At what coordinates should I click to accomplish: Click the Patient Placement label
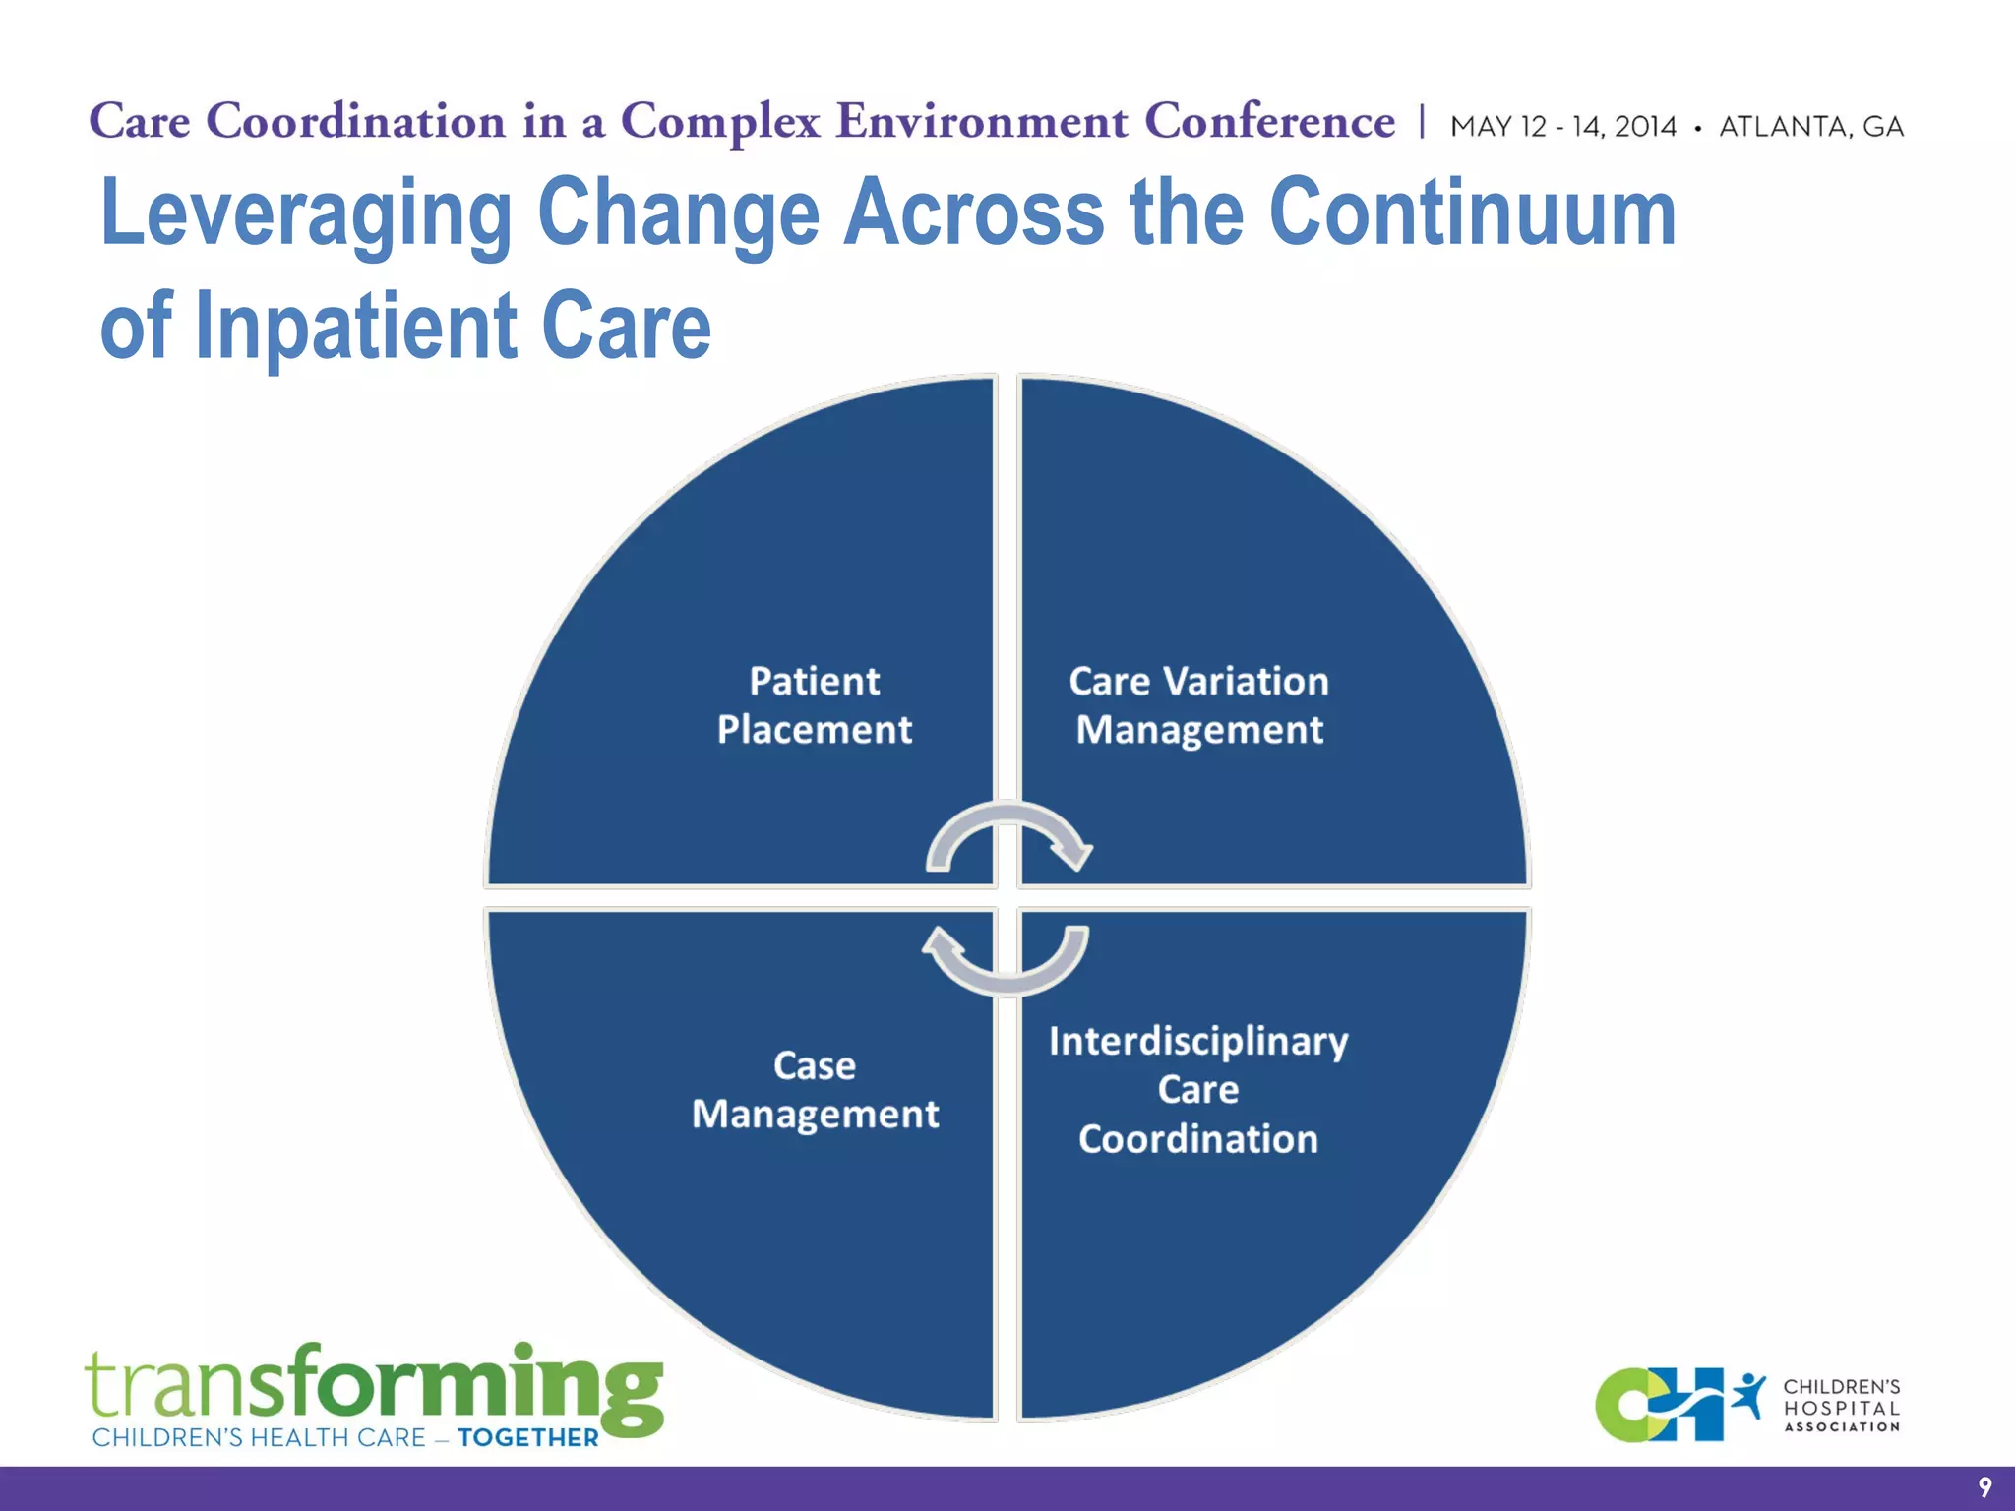click(x=815, y=705)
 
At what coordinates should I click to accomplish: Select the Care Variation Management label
click(x=1198, y=705)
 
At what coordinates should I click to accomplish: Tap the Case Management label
click(x=815, y=1090)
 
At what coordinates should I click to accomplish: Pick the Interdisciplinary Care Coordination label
click(x=1198, y=1090)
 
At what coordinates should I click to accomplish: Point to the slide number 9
click(x=1984, y=1487)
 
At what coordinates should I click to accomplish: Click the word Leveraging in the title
click(x=306, y=214)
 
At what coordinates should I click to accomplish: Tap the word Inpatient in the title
click(x=356, y=327)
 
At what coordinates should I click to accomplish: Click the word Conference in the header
click(x=1269, y=122)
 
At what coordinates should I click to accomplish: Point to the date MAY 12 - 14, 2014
click(x=1562, y=127)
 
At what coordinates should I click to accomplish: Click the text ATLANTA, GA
click(x=1810, y=127)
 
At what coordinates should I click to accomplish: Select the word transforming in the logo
click(x=374, y=1385)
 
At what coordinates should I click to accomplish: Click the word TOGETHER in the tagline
click(x=528, y=1438)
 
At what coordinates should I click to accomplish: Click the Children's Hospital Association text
click(x=1841, y=1406)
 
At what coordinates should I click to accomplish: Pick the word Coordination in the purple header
click(x=356, y=122)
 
